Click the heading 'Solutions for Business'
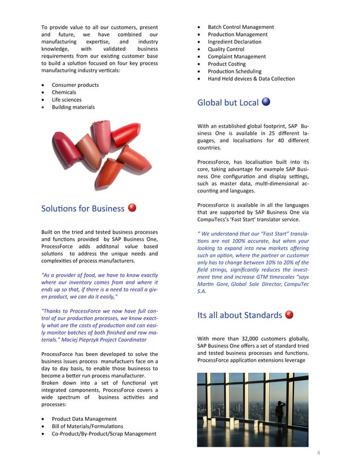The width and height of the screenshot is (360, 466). click(x=82, y=209)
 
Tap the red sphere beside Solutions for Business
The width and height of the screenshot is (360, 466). click(x=133, y=208)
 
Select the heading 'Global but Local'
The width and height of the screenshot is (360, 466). click(x=228, y=103)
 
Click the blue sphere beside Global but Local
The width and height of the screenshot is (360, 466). click(x=266, y=102)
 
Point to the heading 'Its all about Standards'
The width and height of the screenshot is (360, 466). click(x=239, y=315)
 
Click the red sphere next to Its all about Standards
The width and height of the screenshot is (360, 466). click(x=289, y=314)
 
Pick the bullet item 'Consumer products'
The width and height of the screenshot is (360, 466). click(x=75, y=85)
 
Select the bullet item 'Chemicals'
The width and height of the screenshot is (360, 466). click(x=64, y=93)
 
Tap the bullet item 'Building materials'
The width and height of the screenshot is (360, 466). click(x=73, y=107)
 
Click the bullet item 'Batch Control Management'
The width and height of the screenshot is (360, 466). click(x=241, y=27)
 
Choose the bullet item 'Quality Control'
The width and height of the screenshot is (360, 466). click(x=226, y=49)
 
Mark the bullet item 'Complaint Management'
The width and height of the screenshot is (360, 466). click(x=236, y=56)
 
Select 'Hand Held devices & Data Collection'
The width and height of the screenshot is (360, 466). click(x=251, y=79)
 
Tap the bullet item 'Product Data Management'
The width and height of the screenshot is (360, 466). click(x=84, y=419)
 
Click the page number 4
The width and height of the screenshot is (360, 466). click(x=318, y=453)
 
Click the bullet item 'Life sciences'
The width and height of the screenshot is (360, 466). click(x=67, y=100)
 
